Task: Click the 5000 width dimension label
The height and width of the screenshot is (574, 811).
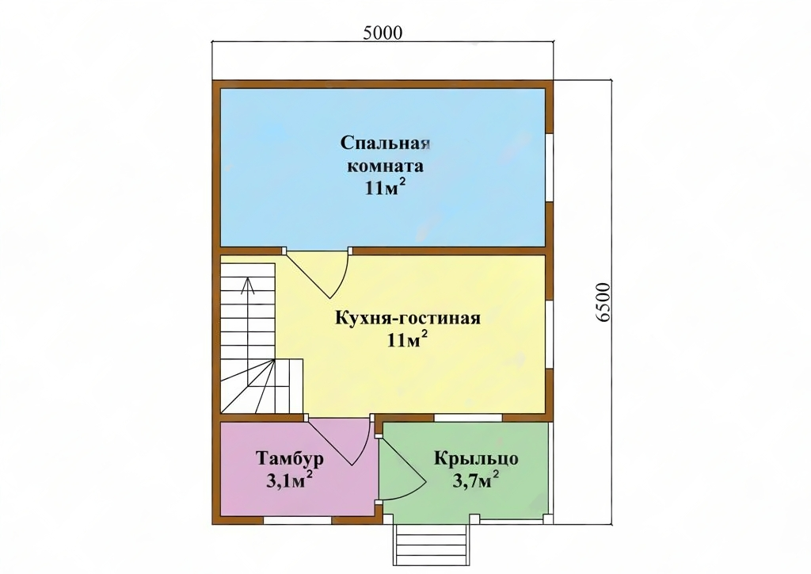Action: [383, 33]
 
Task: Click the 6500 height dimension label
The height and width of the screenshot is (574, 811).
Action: [603, 302]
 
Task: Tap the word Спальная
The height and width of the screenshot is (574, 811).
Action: [386, 143]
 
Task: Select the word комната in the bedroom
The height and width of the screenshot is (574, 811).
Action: [386, 166]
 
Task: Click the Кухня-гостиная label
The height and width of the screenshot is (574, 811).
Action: [408, 317]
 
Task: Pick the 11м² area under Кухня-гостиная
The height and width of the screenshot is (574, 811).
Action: [408, 339]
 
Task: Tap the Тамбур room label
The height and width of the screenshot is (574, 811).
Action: [290, 458]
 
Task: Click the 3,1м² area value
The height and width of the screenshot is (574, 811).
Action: [290, 480]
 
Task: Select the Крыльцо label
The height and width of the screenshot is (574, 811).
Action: [476, 458]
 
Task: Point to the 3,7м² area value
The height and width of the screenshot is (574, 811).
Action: [476, 480]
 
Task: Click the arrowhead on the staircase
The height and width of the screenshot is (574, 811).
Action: [248, 284]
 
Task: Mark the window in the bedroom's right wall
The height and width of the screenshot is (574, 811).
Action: [550, 168]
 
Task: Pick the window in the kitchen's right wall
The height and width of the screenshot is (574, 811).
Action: [550, 335]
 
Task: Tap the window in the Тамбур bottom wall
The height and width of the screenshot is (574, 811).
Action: [297, 521]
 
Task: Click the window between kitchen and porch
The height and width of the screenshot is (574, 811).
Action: [468, 418]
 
